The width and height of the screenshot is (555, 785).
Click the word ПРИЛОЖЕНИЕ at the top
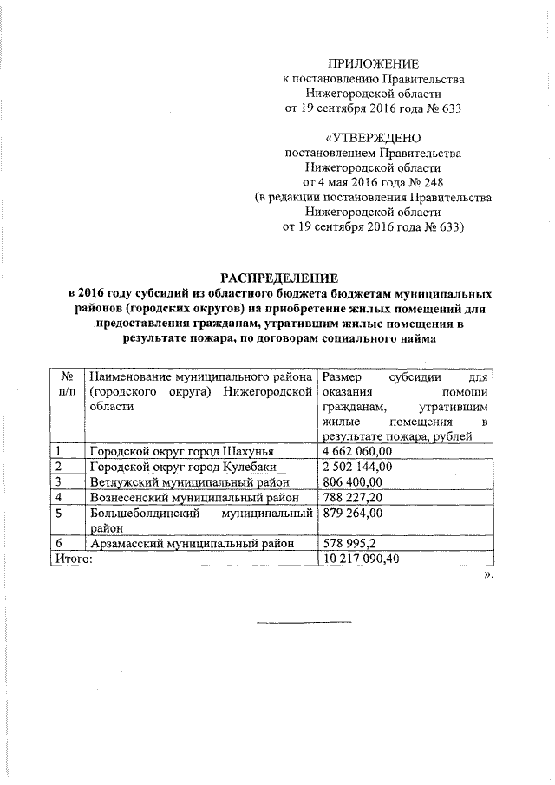[373, 63]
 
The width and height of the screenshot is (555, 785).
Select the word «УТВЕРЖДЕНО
[373, 138]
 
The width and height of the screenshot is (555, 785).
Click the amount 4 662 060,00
[356, 451]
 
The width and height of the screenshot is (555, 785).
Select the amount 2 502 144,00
[356, 467]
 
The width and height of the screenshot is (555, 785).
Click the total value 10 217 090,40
[360, 559]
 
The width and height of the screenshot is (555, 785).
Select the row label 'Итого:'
[72, 559]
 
